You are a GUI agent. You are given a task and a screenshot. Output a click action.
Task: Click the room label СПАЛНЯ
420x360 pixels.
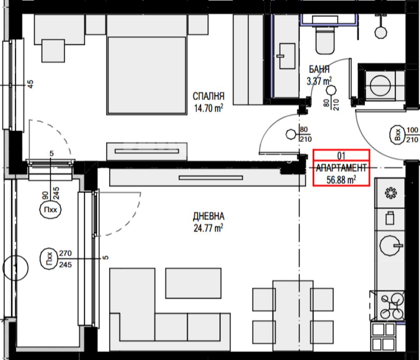coord(208,96)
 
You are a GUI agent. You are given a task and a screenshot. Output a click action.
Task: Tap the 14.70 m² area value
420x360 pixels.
coord(208,108)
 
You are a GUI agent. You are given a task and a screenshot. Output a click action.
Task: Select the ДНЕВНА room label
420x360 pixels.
coord(208,216)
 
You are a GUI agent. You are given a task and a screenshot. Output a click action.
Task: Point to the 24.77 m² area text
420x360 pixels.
coord(208,228)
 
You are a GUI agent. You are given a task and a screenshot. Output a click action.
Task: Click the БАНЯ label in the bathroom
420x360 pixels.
coord(319,69)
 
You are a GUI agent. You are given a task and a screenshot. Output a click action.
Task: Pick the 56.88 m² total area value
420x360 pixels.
coord(341,180)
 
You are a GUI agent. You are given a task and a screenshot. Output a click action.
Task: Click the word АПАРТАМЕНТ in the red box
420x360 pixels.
coord(341,168)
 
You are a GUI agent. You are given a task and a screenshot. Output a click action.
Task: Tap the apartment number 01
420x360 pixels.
coord(341,156)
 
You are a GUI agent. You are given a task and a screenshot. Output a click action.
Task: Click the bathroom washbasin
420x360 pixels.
coord(287,56)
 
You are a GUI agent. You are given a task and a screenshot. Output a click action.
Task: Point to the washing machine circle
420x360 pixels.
coord(380,86)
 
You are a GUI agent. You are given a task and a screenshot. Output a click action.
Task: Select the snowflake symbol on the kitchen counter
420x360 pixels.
coord(391,193)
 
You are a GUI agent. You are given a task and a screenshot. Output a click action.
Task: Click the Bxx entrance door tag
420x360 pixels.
coord(397,135)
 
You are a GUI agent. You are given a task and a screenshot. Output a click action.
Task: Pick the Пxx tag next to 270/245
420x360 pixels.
coord(49,259)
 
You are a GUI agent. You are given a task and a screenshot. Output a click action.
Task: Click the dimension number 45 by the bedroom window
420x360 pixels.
coord(31,84)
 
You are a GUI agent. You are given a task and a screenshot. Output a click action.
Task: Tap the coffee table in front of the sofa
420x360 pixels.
coord(193,283)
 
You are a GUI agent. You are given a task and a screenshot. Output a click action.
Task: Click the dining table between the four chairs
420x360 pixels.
coord(293,316)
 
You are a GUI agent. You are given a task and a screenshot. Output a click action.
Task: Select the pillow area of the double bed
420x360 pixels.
coord(147,26)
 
